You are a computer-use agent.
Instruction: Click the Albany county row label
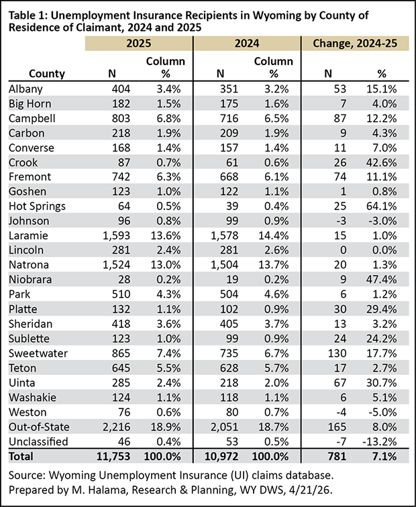click(x=25, y=89)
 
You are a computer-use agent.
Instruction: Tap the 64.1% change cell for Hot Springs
click(x=381, y=207)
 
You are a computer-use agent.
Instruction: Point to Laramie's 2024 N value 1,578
click(x=225, y=235)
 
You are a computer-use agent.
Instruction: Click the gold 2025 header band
click(x=139, y=44)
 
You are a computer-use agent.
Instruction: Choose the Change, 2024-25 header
click(x=355, y=44)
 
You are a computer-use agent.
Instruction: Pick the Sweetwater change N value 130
click(x=337, y=353)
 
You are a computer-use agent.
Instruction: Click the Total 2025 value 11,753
click(x=113, y=456)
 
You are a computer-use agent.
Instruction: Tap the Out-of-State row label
click(x=39, y=427)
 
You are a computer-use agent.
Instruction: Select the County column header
click(x=47, y=74)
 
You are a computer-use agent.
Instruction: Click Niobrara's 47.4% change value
click(x=381, y=280)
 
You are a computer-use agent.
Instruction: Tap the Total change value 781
click(x=337, y=456)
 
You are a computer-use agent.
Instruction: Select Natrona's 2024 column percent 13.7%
click(x=274, y=265)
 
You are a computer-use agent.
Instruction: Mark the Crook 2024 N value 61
click(x=232, y=162)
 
